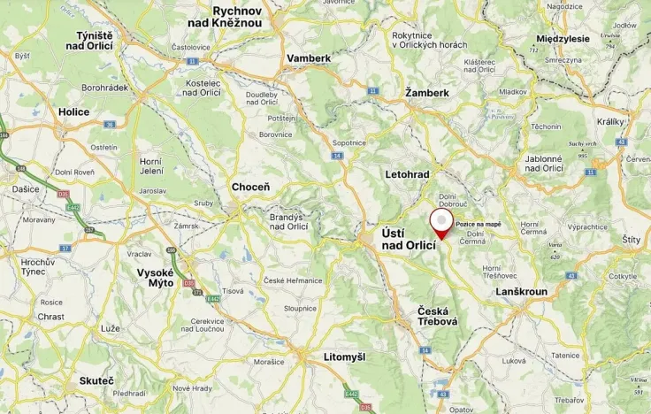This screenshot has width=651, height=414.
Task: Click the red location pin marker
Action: tap(440, 222)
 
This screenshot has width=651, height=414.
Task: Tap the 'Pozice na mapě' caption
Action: tap(479, 225)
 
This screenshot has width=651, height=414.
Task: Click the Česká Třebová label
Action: tap(438, 316)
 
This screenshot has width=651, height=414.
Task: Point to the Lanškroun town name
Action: tap(522, 291)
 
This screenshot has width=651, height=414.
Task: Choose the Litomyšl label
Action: tap(333, 356)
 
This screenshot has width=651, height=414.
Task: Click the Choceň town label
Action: tap(250, 188)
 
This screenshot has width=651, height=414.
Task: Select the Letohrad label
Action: tap(408, 174)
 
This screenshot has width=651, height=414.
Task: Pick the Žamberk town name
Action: tap(427, 92)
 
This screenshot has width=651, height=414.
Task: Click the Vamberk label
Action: tap(309, 57)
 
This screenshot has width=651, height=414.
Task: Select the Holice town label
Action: tap(73, 112)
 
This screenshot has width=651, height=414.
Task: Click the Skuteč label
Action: tap(96, 380)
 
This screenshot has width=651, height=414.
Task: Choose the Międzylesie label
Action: tap(563, 39)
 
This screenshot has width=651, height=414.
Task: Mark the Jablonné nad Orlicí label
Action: tap(544, 163)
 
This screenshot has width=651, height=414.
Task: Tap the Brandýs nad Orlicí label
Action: tap(288, 221)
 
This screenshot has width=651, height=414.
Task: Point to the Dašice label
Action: tap(26, 189)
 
